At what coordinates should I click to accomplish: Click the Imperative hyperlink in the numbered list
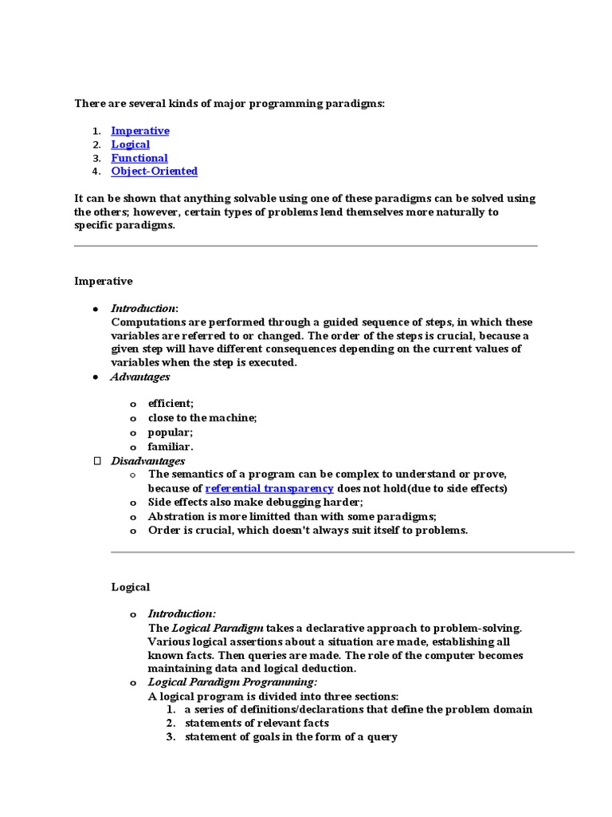[x=140, y=131]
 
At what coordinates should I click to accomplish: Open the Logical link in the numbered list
[x=130, y=144]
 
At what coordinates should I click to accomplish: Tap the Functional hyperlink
[x=139, y=158]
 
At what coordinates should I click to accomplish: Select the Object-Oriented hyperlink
[x=154, y=172]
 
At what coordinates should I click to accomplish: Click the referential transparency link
[x=269, y=488]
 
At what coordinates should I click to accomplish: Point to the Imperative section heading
[x=104, y=281]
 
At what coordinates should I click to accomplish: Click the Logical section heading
[x=130, y=587]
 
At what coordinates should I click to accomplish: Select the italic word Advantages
[x=140, y=377]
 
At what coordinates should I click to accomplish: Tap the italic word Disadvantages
[x=147, y=461]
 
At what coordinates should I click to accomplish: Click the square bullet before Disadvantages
[x=97, y=461]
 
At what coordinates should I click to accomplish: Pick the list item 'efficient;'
[x=171, y=405]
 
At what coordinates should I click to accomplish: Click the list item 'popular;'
[x=171, y=432]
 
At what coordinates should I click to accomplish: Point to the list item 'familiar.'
[x=171, y=447]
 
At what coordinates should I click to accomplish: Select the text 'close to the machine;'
[x=202, y=418]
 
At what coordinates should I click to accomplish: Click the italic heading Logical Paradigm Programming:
[x=233, y=682]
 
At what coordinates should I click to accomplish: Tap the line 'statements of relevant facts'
[x=257, y=723]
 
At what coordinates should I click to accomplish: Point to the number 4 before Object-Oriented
[x=95, y=172]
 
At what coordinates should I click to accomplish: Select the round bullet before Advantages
[x=95, y=377]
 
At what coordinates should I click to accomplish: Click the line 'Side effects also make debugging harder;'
[x=255, y=503]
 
